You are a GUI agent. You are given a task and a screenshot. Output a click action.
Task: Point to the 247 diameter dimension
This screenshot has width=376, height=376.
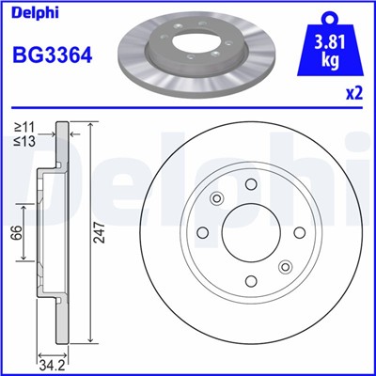pyautogui.click(x=99, y=238)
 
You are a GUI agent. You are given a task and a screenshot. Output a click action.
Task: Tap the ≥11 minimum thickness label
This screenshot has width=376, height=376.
pyautogui.click(x=23, y=126)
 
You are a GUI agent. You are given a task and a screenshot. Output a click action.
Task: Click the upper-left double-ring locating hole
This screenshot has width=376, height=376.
pyautogui.click(x=217, y=198)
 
